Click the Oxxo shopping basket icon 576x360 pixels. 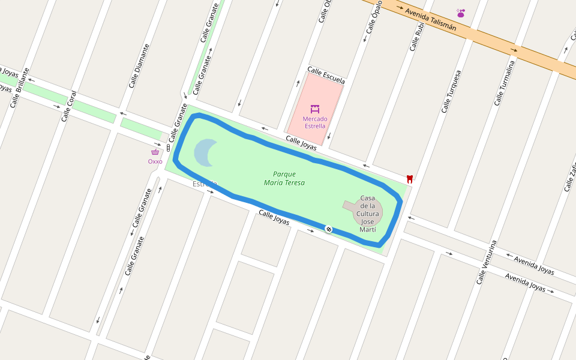coord(155,152)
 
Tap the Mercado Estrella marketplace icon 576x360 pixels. coord(314,109)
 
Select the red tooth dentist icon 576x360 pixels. coord(410,178)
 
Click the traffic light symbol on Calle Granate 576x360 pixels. coord(169,147)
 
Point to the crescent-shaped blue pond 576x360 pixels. coord(205,152)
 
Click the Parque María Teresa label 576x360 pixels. coord(284,178)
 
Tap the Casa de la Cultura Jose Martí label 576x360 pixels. coord(367,214)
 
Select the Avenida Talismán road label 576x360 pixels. coord(430,20)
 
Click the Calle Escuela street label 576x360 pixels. coord(326,75)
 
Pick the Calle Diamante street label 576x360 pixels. coord(139,65)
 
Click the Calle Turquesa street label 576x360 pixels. coord(451,91)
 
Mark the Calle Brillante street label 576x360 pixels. coord(19,88)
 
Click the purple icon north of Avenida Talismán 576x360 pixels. coord(461,13)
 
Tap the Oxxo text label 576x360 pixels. coord(155,161)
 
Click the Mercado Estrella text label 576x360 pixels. coord(314,122)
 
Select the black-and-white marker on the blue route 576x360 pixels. coord(329,229)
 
